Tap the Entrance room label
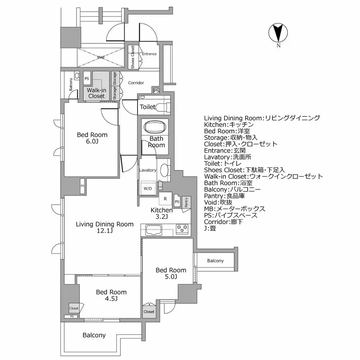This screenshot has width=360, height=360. point(149,54)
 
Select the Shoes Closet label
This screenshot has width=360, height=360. point(133,57)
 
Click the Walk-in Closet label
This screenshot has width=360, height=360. point(97,93)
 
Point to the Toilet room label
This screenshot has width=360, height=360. point(147,107)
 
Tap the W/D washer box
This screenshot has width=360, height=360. point(147,189)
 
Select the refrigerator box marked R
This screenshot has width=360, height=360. point(165,198)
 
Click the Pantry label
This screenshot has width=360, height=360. point(187,202)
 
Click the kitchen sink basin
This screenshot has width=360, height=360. point(154,229)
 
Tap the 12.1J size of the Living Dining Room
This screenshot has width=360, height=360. point(104,231)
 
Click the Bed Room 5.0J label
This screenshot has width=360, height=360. point(171,273)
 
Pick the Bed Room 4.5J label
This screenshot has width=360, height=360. point(111,295)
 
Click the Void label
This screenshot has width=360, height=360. point(100,57)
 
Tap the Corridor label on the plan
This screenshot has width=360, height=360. point(136,83)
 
